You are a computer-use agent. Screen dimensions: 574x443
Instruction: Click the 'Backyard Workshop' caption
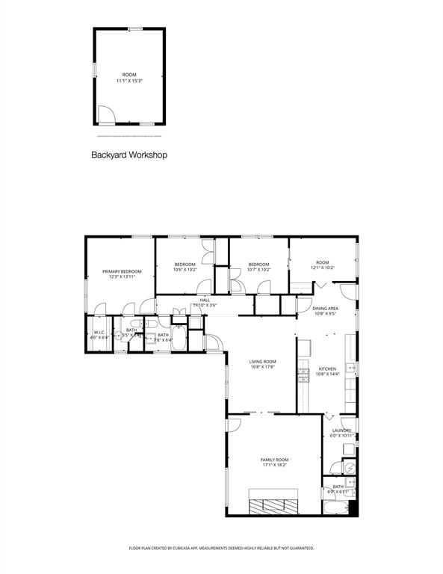tap(128, 155)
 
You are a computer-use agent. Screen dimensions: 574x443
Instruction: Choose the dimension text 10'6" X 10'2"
tap(185, 270)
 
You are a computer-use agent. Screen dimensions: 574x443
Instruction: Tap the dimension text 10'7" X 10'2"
tap(258, 270)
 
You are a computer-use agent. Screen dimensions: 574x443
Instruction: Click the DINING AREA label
tap(326, 308)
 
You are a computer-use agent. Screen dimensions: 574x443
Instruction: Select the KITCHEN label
tap(327, 368)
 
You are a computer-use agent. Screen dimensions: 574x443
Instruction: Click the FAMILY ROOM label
tap(274, 459)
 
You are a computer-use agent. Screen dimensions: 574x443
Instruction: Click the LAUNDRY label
tap(341, 430)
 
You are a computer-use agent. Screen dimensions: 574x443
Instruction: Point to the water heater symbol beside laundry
tap(350, 467)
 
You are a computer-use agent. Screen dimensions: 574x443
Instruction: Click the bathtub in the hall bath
tap(179, 336)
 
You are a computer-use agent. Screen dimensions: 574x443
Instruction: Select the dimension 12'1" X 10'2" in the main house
tap(323, 268)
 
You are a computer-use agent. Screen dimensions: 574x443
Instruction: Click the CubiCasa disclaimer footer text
tap(221, 548)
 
